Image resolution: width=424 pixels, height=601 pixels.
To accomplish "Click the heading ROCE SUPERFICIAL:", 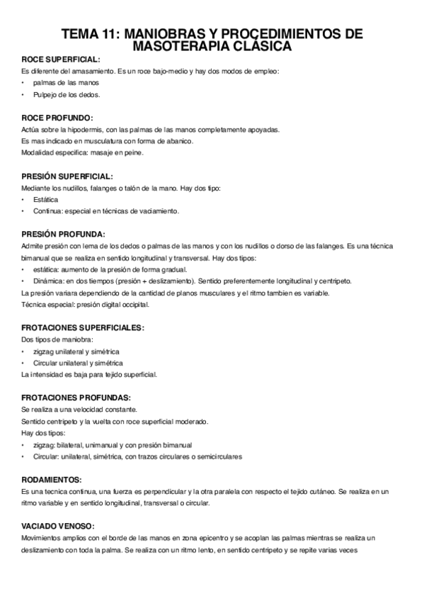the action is click(60, 60).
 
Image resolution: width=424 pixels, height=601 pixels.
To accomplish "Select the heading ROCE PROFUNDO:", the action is click(57, 117).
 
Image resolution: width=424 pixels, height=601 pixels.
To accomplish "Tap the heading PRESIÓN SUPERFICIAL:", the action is click(67, 175).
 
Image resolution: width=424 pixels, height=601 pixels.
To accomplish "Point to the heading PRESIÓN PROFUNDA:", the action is click(63, 233).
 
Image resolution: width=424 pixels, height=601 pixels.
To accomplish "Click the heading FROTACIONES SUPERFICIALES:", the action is click(83, 327).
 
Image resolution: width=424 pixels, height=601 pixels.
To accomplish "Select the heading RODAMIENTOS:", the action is click(52, 479).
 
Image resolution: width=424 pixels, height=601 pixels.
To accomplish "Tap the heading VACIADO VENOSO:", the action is click(58, 526).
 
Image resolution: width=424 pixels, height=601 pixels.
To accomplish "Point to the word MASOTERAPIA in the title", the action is click(181, 46).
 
